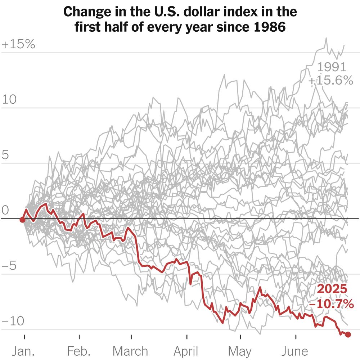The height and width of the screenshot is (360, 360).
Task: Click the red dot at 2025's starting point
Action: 22,219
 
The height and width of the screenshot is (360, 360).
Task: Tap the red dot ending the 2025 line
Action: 348,335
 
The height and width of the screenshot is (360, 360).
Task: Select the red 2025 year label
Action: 333,289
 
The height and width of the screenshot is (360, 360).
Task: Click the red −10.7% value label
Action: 332,305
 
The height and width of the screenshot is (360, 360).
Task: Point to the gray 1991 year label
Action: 332,67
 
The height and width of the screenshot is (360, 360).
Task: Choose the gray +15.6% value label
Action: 331,81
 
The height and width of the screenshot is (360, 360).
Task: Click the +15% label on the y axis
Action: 18,45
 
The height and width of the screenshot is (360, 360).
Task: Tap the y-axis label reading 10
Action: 10,100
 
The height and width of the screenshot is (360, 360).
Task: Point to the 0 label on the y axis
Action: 5,210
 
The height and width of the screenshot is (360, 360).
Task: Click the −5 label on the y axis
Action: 10,266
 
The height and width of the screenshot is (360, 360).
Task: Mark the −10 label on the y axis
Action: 13,321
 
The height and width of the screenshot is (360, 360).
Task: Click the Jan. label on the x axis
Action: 24,351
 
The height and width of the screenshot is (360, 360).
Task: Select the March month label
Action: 130,351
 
